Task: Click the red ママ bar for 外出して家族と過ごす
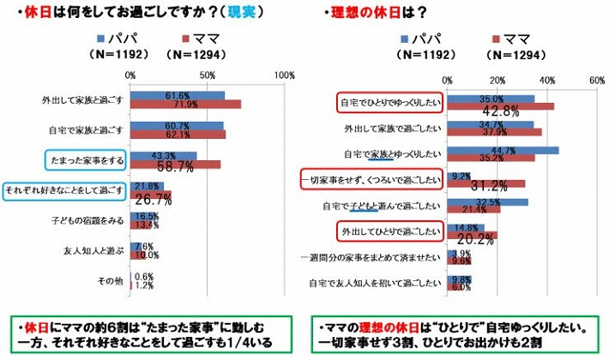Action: tap(185, 105)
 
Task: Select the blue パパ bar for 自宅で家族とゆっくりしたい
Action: tap(503, 150)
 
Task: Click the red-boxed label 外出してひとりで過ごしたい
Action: tap(387, 231)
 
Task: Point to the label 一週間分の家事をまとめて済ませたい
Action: tap(371, 256)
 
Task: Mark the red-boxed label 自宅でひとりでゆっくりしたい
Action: tap(387, 102)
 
